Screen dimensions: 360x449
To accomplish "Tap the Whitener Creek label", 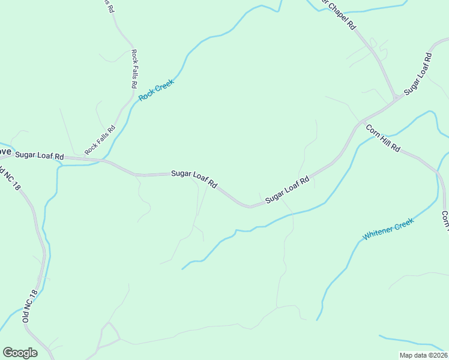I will click(388, 229).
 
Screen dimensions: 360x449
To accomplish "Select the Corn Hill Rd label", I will click(382, 139).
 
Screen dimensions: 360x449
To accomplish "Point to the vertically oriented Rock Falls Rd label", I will click(134, 69).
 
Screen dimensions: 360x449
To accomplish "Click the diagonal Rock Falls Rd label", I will click(100, 139).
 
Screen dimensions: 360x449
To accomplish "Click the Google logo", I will click(20, 353).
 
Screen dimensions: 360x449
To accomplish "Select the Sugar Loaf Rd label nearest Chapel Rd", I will click(418, 74).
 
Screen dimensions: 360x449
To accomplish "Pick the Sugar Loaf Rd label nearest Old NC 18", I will click(40, 155).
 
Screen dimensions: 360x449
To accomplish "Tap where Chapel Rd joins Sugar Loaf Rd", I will click(396, 98).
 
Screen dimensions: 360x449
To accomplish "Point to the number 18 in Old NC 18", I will click(34, 295).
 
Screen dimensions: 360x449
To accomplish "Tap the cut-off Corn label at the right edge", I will click(445, 221).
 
